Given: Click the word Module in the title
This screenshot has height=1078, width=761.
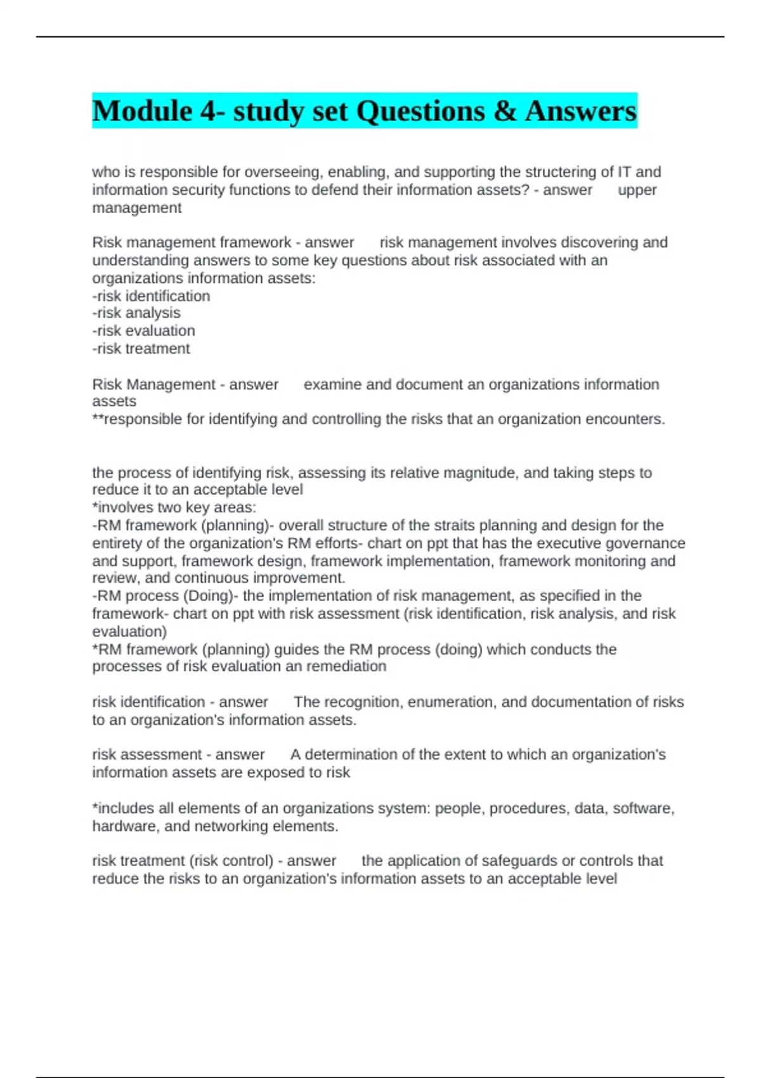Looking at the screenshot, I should click(142, 111).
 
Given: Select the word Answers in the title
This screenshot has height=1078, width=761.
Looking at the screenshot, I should click(580, 111).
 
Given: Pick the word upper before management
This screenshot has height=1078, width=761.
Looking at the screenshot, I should click(637, 190).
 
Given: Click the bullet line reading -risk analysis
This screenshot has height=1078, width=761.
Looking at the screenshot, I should click(136, 313).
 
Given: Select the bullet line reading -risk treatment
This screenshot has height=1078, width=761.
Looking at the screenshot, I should click(141, 348).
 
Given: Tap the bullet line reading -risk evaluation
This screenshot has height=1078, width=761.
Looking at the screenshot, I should click(143, 330).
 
